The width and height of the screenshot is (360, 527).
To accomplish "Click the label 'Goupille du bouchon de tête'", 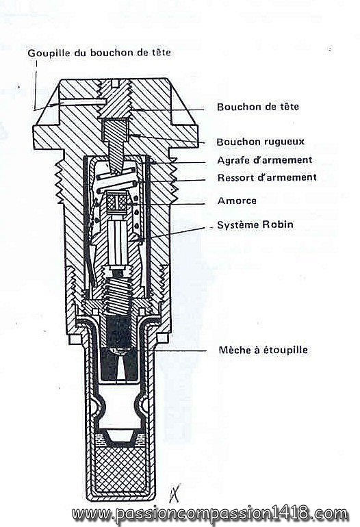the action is pos(99,53).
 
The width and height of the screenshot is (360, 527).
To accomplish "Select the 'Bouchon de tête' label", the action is pos(258,107).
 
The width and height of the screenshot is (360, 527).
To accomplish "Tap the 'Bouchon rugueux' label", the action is pos(261,142).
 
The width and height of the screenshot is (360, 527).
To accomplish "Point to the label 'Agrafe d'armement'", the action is pos(265,160).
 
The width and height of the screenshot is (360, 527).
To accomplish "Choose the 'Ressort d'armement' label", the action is pos(267,177).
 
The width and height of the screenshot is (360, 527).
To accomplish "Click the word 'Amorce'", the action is pos(237,201).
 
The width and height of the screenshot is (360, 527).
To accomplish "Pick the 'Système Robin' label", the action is pos(255,224).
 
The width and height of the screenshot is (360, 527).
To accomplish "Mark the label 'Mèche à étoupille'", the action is pos(263,350).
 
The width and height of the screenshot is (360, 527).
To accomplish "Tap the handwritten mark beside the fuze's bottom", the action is pos(175,493).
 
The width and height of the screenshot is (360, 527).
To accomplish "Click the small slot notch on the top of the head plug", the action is pos(115,82).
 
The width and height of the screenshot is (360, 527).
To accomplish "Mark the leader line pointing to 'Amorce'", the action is pos(166,203).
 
